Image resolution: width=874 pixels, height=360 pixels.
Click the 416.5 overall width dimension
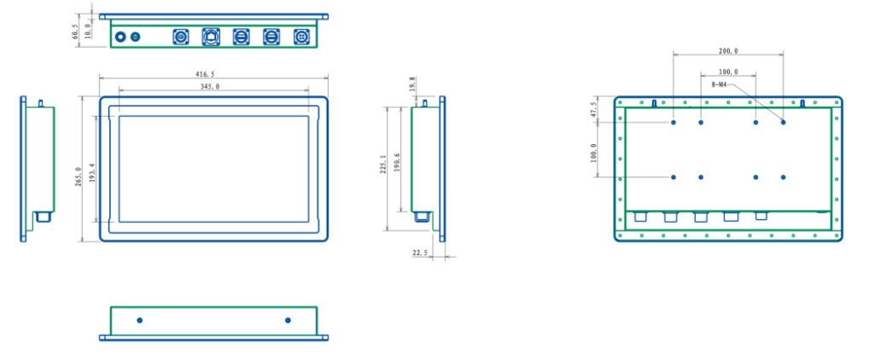pos(210,75)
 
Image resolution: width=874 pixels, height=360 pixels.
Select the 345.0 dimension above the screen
pos(210,86)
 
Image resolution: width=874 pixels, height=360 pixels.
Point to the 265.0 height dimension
pos(79,176)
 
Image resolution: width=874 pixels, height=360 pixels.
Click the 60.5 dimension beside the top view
pos(75,32)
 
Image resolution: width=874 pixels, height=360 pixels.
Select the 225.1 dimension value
pos(383,165)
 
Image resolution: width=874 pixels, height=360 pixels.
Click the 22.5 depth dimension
pos(419,253)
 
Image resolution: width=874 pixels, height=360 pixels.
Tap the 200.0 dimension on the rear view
pos(728,51)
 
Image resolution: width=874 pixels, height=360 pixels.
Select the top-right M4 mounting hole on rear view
pos(783,122)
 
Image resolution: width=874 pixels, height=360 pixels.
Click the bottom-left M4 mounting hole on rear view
pos(673,177)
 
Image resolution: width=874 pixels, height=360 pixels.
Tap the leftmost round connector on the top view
pos(120,38)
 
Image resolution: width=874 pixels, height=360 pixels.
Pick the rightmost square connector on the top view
pos(300,38)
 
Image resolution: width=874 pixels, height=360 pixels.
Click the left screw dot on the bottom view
pos(140,320)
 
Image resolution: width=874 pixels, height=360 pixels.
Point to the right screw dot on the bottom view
pos(288,320)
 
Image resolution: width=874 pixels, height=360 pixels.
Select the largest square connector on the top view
pos(211,38)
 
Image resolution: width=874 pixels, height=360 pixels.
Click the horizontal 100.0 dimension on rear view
pos(728,72)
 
